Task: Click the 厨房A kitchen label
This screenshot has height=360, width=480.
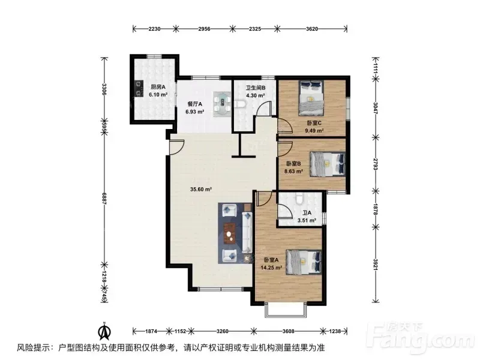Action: (x=158, y=87)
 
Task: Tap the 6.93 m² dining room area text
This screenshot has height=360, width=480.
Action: (x=194, y=112)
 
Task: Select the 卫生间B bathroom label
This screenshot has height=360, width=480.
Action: (x=256, y=88)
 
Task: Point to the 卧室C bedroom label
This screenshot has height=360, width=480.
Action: (x=314, y=123)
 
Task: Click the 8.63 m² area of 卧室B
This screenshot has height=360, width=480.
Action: (x=293, y=172)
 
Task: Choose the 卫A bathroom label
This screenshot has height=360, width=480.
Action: (x=307, y=213)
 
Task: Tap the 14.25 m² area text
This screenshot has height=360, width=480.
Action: (x=271, y=268)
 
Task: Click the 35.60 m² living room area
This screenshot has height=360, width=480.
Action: (x=201, y=190)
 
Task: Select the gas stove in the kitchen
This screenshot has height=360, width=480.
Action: (x=139, y=88)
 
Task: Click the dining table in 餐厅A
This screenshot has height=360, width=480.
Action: (x=222, y=104)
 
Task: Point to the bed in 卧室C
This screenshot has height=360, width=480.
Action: (x=311, y=98)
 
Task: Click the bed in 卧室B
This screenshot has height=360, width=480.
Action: (x=328, y=164)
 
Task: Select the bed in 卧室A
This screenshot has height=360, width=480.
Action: (x=304, y=262)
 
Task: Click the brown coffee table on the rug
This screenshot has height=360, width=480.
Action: (x=230, y=233)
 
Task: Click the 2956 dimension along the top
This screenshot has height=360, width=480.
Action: (x=204, y=29)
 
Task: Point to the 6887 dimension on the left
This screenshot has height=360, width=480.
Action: (x=104, y=199)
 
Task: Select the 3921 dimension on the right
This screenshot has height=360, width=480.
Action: (x=376, y=264)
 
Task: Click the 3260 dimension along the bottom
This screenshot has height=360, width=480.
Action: (x=222, y=331)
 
